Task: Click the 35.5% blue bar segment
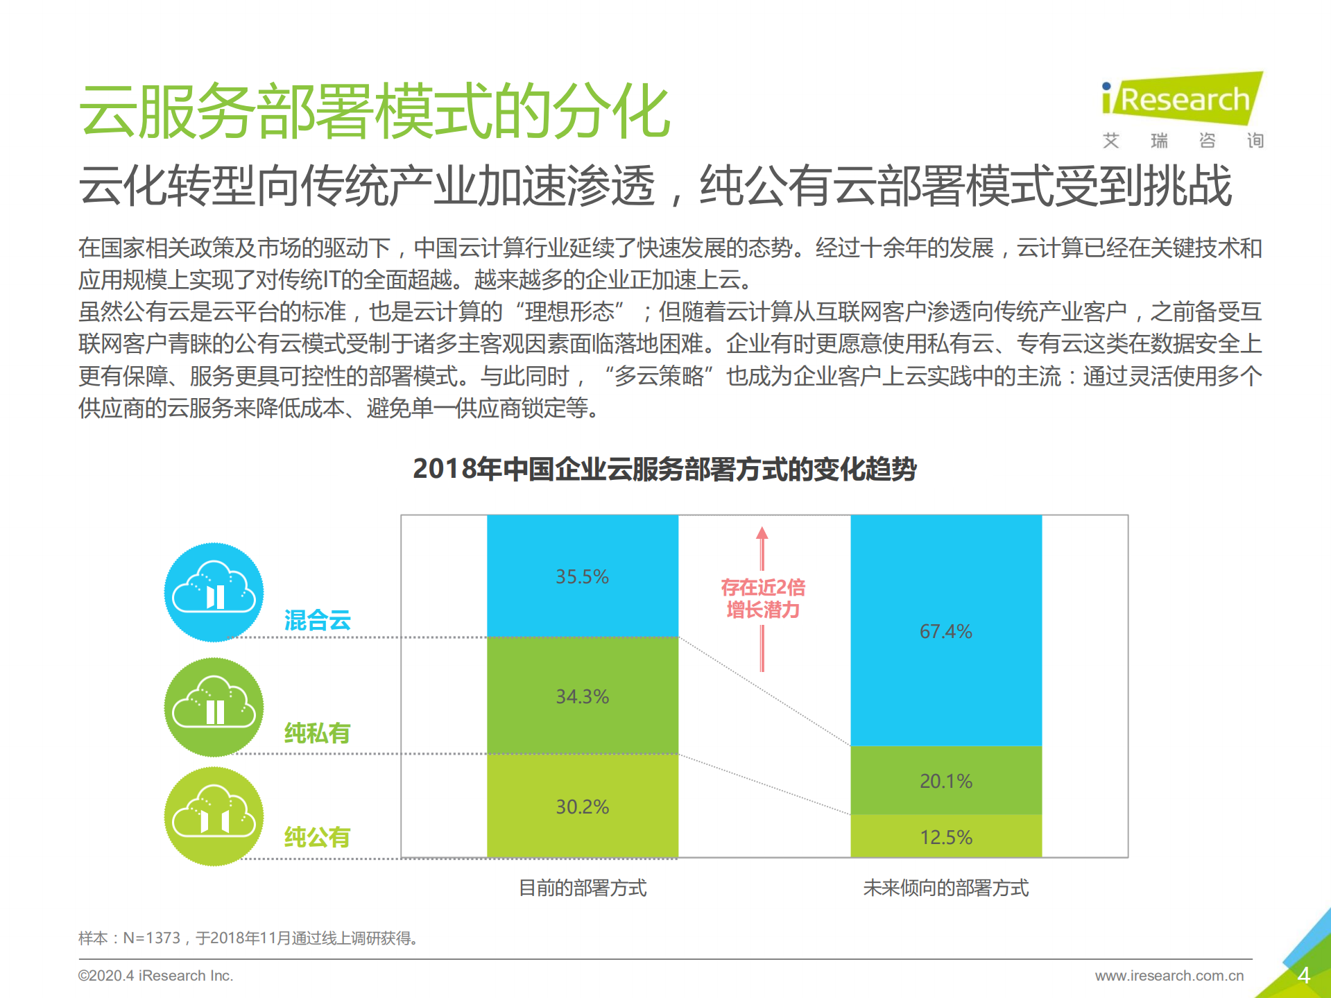(582, 576)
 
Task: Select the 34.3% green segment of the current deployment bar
(582, 696)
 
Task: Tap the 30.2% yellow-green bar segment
(582, 806)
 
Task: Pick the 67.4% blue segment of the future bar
(945, 630)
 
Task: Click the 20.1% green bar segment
(945, 780)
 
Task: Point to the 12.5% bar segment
(945, 836)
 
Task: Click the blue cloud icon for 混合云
(214, 592)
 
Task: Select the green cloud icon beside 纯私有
(214, 707)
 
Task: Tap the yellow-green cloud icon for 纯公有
(214, 816)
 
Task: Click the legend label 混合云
(317, 619)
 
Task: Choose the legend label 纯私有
(317, 732)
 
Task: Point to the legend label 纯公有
(317, 836)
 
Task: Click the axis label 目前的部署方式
(582, 887)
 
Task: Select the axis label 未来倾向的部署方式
(945, 887)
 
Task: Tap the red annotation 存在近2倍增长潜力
(762, 598)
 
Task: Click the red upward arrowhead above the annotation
(762, 533)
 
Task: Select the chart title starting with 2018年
(664, 469)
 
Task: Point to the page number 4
(1303, 975)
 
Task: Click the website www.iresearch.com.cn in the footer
(1169, 975)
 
